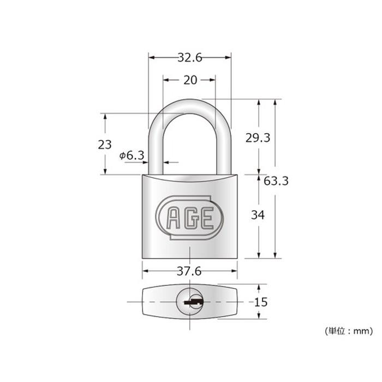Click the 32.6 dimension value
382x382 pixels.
(x=190, y=58)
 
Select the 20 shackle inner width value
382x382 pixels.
(x=190, y=80)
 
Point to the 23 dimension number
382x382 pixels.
(x=105, y=145)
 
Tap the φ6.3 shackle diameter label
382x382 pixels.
(x=132, y=155)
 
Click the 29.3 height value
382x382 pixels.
(x=258, y=138)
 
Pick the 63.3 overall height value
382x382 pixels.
(x=276, y=181)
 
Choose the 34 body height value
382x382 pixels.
(x=258, y=215)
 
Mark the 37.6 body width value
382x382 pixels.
(x=189, y=271)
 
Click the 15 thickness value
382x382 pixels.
(x=261, y=302)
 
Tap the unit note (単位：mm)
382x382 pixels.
(x=349, y=331)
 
